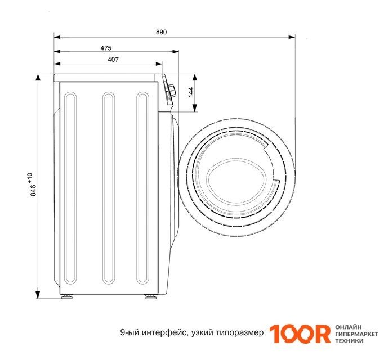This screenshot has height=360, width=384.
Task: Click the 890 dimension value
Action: tap(162, 32)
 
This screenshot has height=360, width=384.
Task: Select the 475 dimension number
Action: tap(106, 48)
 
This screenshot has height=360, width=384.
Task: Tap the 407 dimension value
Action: tap(113, 60)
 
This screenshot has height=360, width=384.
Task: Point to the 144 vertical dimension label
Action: tap(191, 92)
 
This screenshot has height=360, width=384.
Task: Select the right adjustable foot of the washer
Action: tap(151, 296)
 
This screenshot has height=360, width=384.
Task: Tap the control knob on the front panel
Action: tap(172, 91)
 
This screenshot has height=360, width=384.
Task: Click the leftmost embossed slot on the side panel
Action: tap(70, 188)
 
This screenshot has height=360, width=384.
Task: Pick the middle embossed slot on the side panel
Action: tap(109, 188)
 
